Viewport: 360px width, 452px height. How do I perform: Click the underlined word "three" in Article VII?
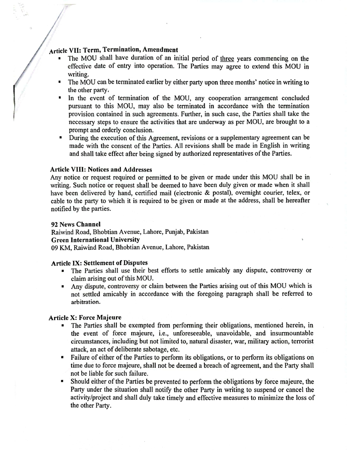(x=227, y=59)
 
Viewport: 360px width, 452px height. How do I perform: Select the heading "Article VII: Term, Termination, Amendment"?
(x=113, y=50)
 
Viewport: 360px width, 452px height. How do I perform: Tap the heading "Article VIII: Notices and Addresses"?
(x=101, y=169)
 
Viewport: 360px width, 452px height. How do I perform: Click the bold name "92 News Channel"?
(x=76, y=224)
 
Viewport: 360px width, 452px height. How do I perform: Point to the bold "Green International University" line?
(x=95, y=240)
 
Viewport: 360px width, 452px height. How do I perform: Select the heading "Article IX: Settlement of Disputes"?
(x=99, y=263)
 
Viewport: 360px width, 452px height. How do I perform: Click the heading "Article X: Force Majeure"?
(x=85, y=317)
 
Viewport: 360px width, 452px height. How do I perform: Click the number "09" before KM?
(x=55, y=247)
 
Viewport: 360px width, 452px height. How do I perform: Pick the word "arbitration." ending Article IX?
(x=85, y=302)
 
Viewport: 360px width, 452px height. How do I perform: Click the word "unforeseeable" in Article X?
(x=191, y=333)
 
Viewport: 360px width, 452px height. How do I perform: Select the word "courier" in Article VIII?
(x=274, y=193)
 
